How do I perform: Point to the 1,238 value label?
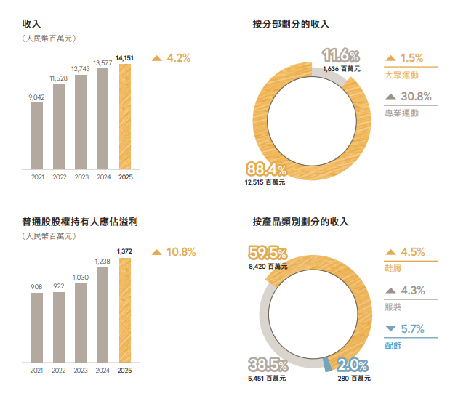[103, 261]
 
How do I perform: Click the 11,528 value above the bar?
[59, 78]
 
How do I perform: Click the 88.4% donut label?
[266, 170]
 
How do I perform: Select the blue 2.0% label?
[353, 365]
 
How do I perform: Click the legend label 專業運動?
[401, 113]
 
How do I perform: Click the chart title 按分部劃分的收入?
[291, 24]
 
